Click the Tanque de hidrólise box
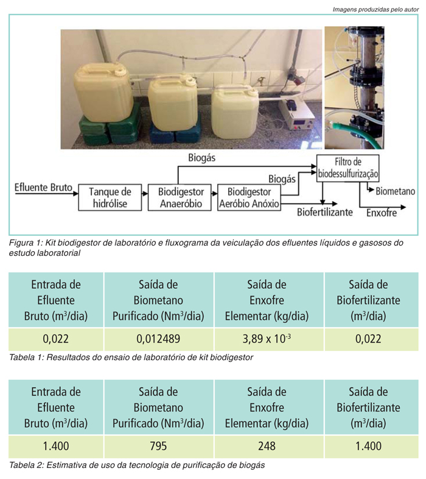110,197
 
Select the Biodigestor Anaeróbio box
180,197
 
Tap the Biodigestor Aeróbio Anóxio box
249,197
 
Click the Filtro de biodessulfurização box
348,168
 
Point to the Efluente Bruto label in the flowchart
43,187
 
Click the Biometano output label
395,191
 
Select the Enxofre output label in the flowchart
382,213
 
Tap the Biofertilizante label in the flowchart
325,212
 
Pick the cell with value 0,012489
159,339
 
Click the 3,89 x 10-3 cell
267,339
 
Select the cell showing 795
159,446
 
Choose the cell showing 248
267,446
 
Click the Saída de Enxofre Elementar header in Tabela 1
267,300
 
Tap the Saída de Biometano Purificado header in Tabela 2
159,407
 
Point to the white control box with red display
296,114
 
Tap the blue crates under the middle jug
175,132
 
